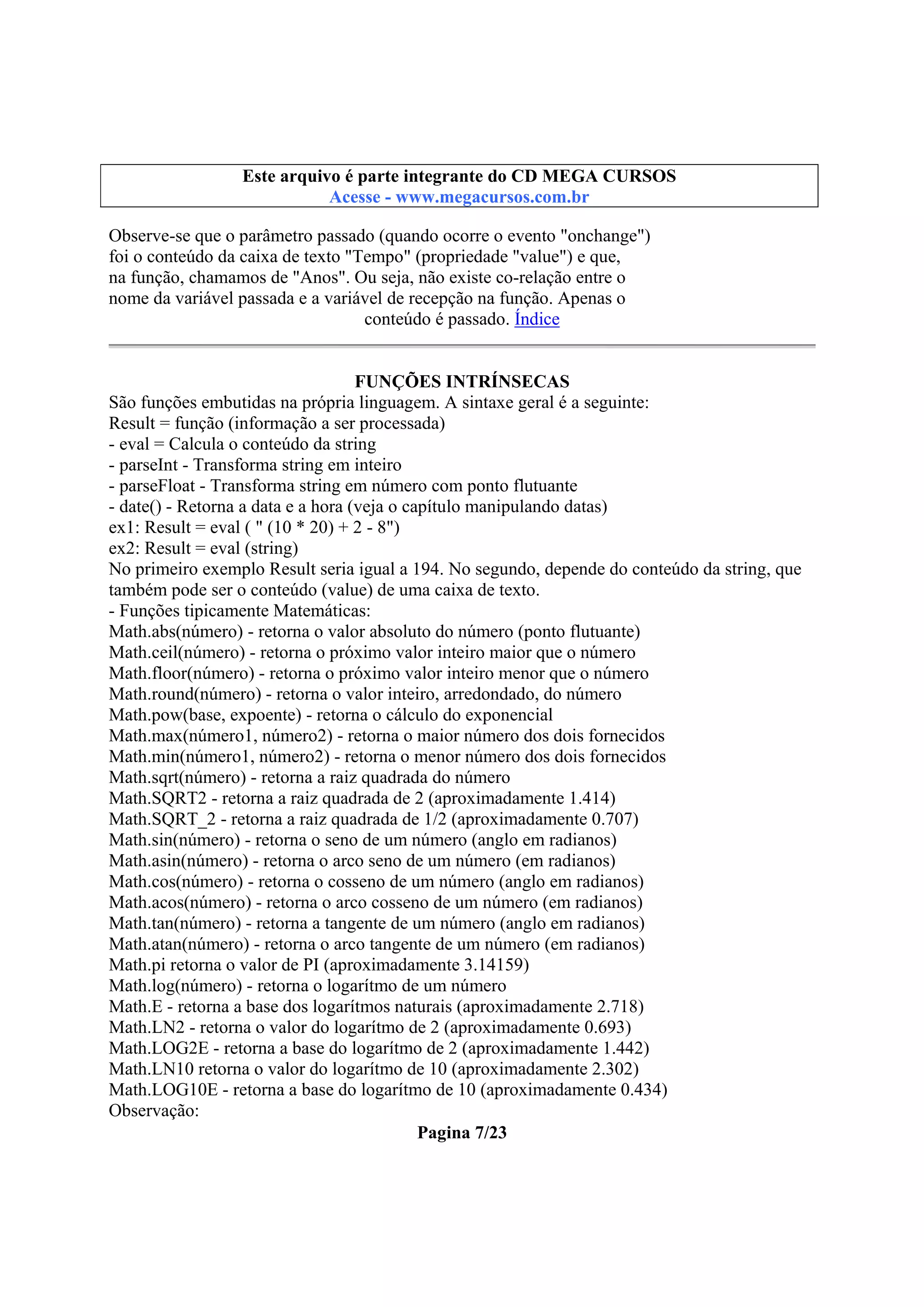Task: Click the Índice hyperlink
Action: pos(536,319)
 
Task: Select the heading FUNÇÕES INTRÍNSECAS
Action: pos(462,382)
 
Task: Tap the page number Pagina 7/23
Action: pos(462,1132)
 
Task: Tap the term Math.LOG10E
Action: pos(163,1090)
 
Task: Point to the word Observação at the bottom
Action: pos(154,1111)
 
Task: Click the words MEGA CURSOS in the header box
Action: pos(609,176)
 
